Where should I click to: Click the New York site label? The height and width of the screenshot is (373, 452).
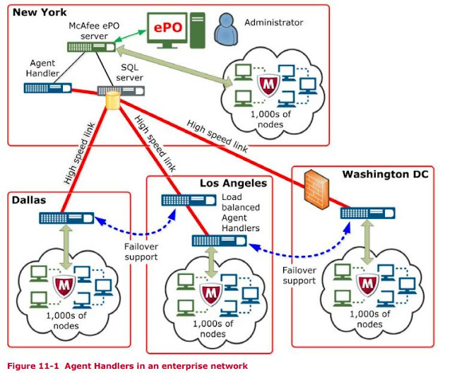click(42, 13)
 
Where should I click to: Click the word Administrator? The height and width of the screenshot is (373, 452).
click(273, 23)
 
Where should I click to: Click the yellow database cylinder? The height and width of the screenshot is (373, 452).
click(112, 101)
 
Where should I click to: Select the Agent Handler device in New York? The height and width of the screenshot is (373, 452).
click(47, 88)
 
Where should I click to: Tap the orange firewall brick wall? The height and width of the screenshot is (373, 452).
click(311, 189)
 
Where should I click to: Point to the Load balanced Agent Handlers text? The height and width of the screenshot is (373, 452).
click(242, 213)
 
